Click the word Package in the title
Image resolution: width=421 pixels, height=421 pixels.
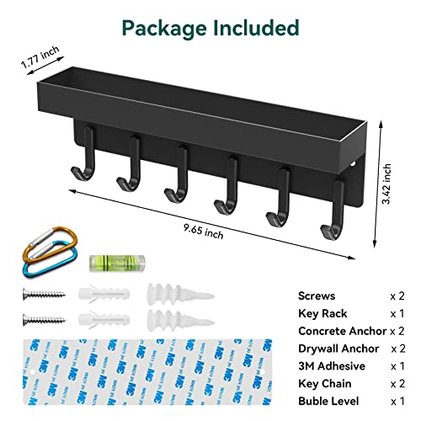click(164, 29)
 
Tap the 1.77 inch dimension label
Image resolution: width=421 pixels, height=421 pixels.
click(40, 57)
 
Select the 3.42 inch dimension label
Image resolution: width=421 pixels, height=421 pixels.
click(386, 184)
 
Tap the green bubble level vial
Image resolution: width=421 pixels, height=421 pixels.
click(117, 264)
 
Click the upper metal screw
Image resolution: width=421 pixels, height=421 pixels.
click(44, 295)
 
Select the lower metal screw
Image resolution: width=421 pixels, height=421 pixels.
click(44, 320)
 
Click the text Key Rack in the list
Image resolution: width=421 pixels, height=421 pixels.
click(322, 313)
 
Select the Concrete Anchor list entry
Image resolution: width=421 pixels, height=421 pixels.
click(342, 331)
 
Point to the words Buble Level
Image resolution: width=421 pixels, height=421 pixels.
click(328, 401)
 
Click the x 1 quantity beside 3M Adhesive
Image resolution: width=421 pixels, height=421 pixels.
click(397, 366)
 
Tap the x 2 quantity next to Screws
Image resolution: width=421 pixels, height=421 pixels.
click(397, 296)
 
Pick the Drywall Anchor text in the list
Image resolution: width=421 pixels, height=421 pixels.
click(338, 349)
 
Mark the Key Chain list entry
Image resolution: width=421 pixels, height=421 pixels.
click(325, 384)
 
